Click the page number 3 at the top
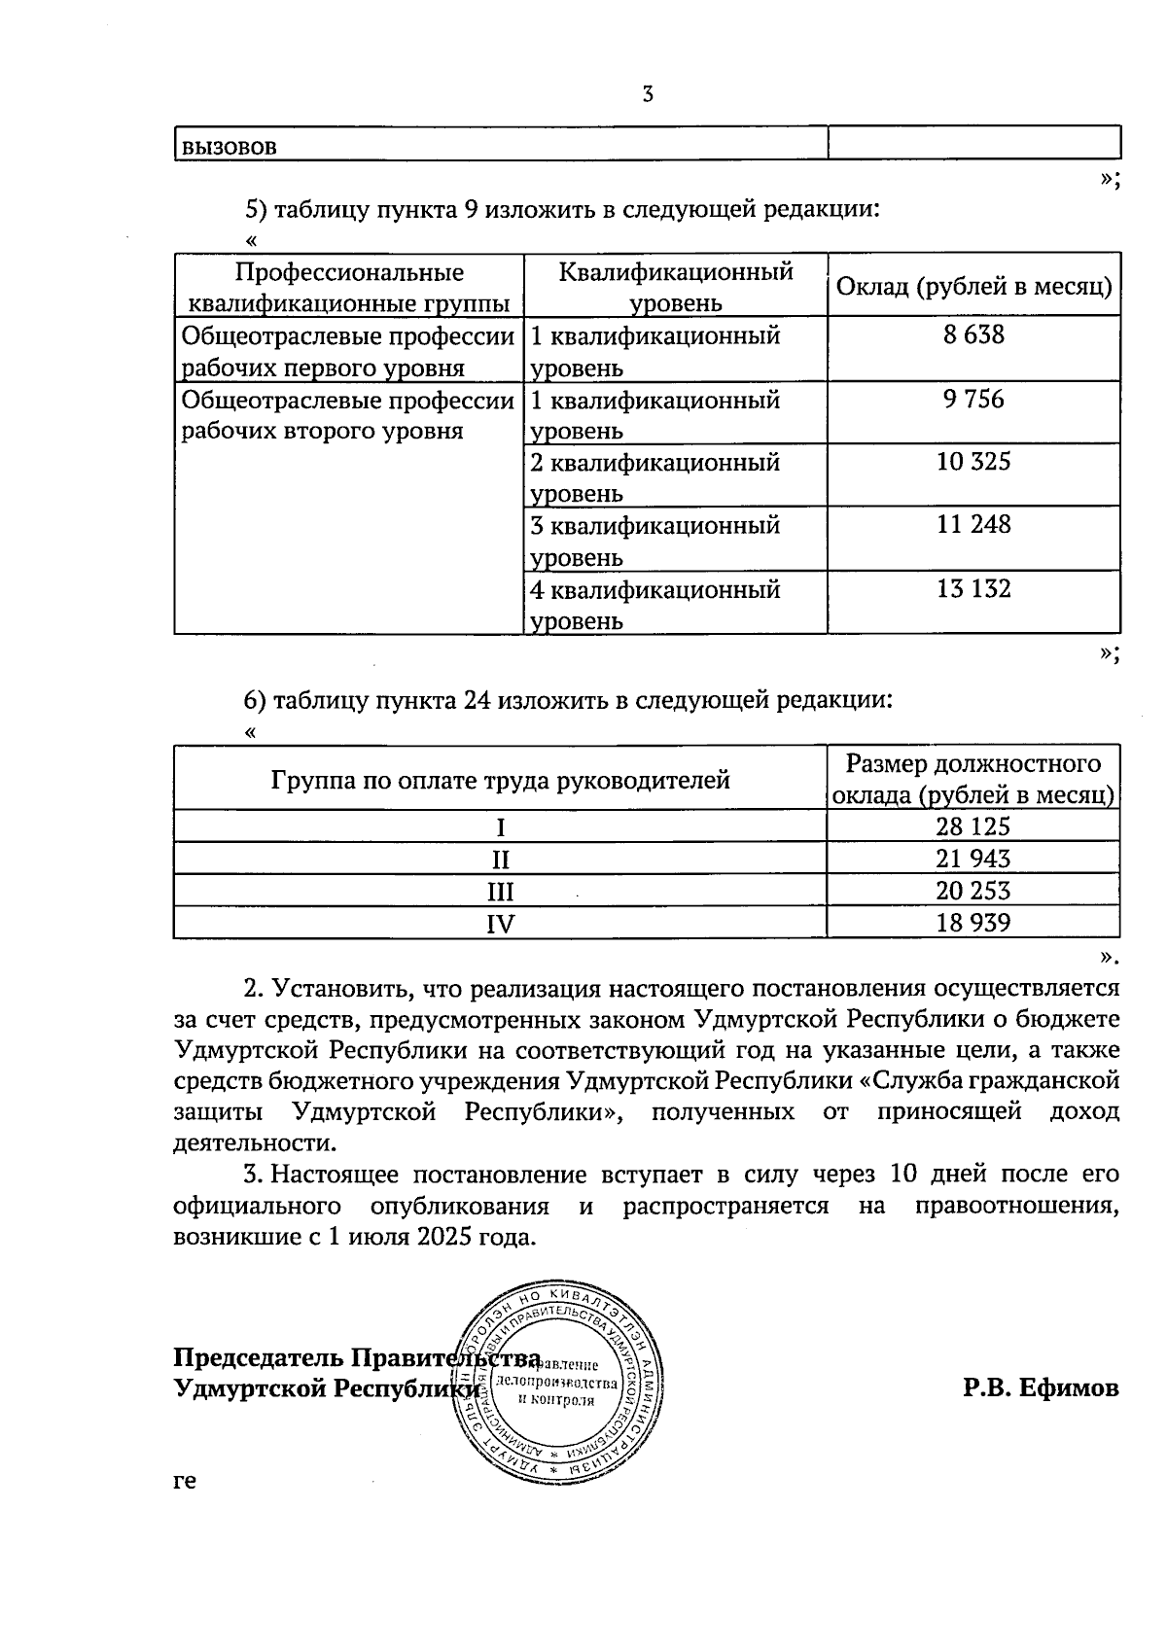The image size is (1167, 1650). pyautogui.click(x=648, y=94)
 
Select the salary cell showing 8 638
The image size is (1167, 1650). pyautogui.click(x=973, y=335)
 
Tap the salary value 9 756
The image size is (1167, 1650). pyautogui.click(x=973, y=400)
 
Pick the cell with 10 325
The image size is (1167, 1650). pyautogui.click(x=973, y=462)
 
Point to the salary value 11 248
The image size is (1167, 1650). pyautogui.click(x=973, y=525)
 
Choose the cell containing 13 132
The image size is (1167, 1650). pyautogui.click(x=973, y=589)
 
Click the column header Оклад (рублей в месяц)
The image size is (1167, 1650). pyautogui.click(x=973, y=287)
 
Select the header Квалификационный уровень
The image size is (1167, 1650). pyautogui.click(x=676, y=287)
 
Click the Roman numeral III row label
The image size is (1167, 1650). pyautogui.click(x=500, y=892)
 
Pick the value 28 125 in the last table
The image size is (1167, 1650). pyautogui.click(x=973, y=826)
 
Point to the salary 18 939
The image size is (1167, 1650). pyautogui.click(x=973, y=923)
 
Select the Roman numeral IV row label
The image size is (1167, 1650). pyautogui.click(x=500, y=924)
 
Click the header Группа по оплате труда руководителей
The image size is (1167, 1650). pyautogui.click(x=500, y=780)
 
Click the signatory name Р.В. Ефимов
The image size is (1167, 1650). pyautogui.click(x=1041, y=1388)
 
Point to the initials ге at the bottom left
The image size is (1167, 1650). pyautogui.click(x=185, y=1482)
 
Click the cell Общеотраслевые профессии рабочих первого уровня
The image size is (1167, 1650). pyautogui.click(x=348, y=351)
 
